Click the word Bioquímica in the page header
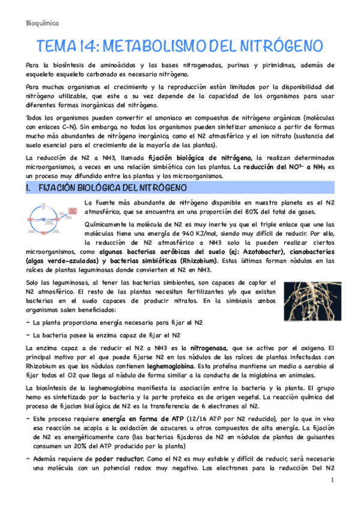click(43, 23)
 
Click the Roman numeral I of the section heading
click(29, 189)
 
